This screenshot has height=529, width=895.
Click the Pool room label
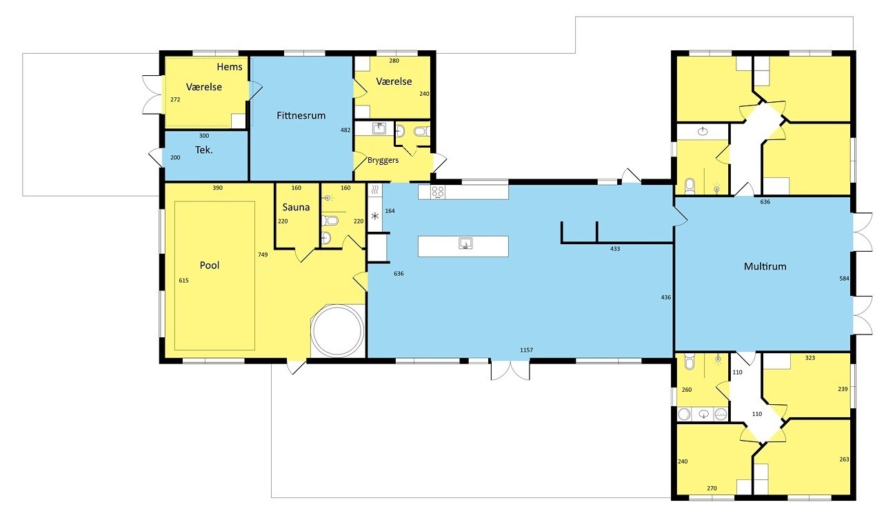[209, 265]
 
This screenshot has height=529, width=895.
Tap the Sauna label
[296, 207]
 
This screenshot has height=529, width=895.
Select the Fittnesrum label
[301, 115]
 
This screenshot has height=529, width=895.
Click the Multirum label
[765, 266]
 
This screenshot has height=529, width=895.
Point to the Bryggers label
[383, 160]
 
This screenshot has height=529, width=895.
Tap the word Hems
[230, 67]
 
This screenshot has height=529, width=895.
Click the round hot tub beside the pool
[336, 330]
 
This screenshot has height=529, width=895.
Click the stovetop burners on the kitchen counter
[438, 191]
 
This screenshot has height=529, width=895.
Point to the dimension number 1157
[526, 350]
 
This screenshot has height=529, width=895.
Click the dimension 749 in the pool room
[263, 254]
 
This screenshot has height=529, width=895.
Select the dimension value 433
[615, 248]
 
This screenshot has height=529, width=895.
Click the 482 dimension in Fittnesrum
[345, 130]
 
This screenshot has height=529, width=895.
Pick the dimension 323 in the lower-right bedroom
[811, 358]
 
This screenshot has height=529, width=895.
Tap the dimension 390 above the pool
[217, 188]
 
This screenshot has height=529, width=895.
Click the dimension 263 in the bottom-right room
[844, 459]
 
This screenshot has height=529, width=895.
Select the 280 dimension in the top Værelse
[394, 61]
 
